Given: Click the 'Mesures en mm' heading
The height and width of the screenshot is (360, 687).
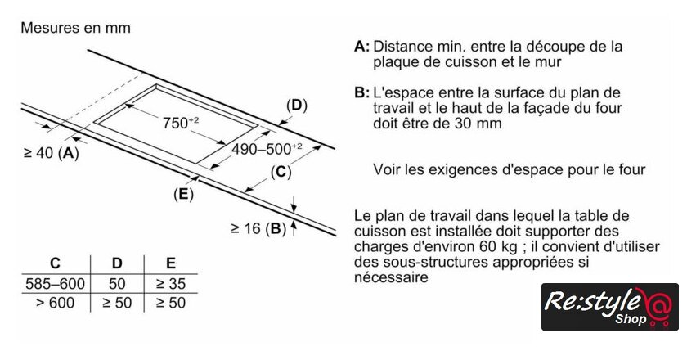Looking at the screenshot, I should point(75,28).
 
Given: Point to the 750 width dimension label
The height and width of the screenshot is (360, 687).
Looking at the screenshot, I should point(181,124).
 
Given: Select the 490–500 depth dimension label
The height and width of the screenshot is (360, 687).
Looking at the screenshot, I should point(267,150).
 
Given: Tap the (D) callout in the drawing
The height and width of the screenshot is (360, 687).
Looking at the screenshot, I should point(295,105).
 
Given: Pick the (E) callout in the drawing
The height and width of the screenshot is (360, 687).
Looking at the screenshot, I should point(183,194).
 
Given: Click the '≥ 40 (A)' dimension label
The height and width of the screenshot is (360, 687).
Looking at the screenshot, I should point(52,153).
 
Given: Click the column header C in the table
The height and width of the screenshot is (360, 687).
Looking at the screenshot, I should point(55,263).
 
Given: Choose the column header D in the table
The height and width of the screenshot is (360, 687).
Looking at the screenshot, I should point(117,263).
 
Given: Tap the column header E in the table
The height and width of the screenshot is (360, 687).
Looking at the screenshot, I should point(170,263).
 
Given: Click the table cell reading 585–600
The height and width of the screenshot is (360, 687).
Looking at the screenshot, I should point(55,283).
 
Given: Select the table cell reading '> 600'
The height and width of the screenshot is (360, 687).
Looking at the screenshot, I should point(55,303).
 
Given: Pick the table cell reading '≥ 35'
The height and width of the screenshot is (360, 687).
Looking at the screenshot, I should point(170,283).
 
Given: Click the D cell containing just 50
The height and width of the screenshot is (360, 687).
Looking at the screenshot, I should point(117,283).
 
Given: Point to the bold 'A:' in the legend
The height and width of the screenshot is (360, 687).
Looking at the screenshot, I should point(362,47).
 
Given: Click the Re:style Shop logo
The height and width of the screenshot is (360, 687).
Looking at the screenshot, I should point(609,307).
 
